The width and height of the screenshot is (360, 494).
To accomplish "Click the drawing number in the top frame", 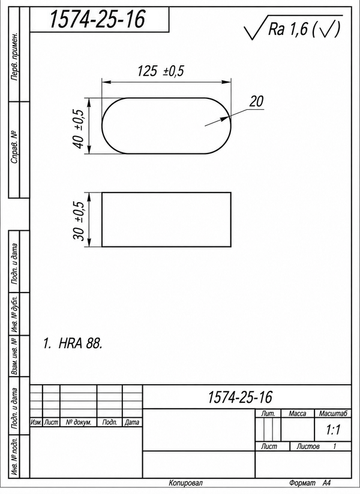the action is pyautogui.click(x=97, y=19).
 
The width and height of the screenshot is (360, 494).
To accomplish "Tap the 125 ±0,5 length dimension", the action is pyautogui.click(x=160, y=71).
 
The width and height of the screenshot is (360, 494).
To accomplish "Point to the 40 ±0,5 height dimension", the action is pyautogui.click(x=79, y=128).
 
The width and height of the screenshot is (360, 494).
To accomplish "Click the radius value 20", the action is pyautogui.click(x=257, y=101).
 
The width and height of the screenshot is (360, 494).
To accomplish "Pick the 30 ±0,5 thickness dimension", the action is pyautogui.click(x=79, y=221).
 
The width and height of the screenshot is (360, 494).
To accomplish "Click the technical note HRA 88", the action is pyautogui.click(x=73, y=344).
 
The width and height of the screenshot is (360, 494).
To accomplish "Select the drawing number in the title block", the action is pyautogui.click(x=240, y=397).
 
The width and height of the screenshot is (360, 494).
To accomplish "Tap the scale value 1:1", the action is pyautogui.click(x=333, y=430).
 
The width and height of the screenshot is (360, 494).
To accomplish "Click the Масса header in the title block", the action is pyautogui.click(x=297, y=413).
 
